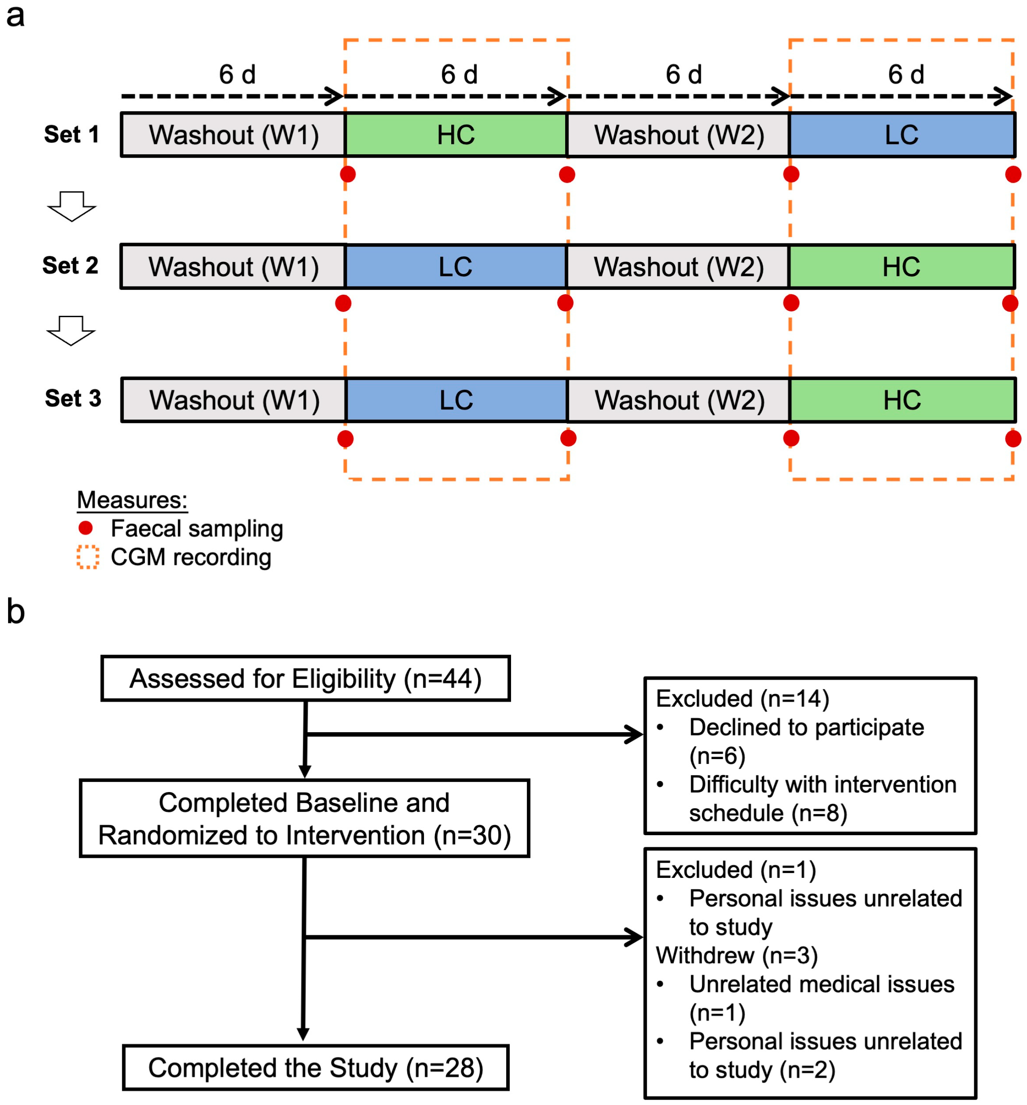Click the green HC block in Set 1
click(456, 135)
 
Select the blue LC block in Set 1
click(902, 135)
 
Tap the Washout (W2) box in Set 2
click(678, 267)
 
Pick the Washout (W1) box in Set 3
click(234, 400)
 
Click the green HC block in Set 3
click(902, 400)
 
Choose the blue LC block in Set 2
click(456, 267)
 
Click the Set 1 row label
click(72, 134)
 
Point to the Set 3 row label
click(73, 398)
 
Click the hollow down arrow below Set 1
click(72, 207)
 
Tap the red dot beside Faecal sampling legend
click(86, 528)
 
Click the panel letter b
click(15, 612)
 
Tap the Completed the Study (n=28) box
click(315, 1068)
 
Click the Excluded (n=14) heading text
click(742, 698)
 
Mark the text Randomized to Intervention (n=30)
click(305, 836)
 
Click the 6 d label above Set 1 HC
click(459, 74)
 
